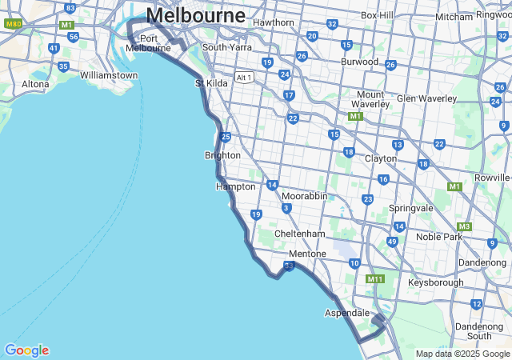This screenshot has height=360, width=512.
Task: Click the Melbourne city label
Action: click(x=195, y=15)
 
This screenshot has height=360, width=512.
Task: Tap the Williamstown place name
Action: click(x=109, y=75)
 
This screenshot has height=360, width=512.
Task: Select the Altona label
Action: click(x=35, y=83)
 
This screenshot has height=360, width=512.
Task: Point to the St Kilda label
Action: click(x=212, y=82)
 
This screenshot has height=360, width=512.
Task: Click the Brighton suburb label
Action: click(x=222, y=155)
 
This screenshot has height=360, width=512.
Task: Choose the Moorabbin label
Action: click(x=304, y=196)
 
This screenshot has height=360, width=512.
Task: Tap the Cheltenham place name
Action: click(x=299, y=234)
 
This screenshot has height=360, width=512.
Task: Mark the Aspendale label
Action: click(x=346, y=313)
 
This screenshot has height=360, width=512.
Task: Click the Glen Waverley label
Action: click(x=426, y=98)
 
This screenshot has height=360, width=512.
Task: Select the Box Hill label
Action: click(x=377, y=15)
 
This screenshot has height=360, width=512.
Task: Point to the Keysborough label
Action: click(x=435, y=282)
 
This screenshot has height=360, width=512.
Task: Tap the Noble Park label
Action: click(x=439, y=237)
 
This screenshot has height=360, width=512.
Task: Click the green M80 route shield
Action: click(x=13, y=24)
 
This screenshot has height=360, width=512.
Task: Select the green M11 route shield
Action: click(x=374, y=279)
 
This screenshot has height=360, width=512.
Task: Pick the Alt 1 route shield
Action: click(x=244, y=78)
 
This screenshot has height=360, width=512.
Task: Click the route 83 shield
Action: click(x=70, y=8)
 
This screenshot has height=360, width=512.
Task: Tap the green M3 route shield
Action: click(x=464, y=226)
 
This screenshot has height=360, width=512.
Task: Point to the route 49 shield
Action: click(x=392, y=242)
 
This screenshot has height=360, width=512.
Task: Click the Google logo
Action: click(x=26, y=350)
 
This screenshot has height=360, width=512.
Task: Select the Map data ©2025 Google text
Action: click(x=462, y=354)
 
